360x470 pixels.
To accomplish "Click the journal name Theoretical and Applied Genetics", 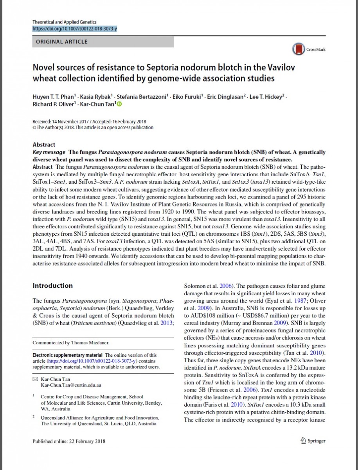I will [64, 22].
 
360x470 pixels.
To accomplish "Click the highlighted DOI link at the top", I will [74, 29].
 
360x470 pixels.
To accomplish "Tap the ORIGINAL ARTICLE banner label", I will [62, 42].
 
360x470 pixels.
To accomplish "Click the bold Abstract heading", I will [44, 145].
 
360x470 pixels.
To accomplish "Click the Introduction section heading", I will [52, 286].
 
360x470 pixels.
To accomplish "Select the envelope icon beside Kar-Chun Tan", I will [35, 380].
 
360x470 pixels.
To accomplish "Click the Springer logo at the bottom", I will [313, 441].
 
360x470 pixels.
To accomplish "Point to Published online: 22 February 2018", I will [69, 441].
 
